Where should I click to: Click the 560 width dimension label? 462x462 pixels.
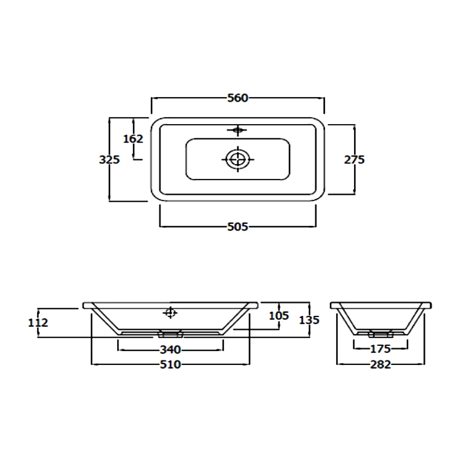click(x=237, y=98)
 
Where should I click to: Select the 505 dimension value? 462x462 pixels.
click(x=237, y=227)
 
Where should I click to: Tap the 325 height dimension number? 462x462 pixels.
click(x=109, y=159)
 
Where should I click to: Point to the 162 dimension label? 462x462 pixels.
click(x=133, y=139)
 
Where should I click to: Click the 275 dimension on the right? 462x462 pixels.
click(x=354, y=159)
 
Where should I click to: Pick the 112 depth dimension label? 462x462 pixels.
click(x=38, y=323)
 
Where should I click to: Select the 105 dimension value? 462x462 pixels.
click(x=280, y=315)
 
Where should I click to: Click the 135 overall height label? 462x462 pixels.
click(x=309, y=319)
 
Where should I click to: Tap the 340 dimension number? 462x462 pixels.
click(x=171, y=349)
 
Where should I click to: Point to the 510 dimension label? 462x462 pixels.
click(x=171, y=364)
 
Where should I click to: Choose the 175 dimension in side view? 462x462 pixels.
click(x=381, y=349)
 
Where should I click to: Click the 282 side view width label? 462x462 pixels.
click(x=381, y=364)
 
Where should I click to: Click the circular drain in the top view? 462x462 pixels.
click(x=237, y=158)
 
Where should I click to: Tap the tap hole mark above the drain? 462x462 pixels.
click(x=237, y=130)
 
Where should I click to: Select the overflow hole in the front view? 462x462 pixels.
click(x=170, y=312)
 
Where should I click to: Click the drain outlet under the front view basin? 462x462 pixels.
click(x=171, y=334)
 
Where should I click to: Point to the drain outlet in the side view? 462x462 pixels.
click(x=381, y=334)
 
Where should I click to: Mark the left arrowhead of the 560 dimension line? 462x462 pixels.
click(x=153, y=98)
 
